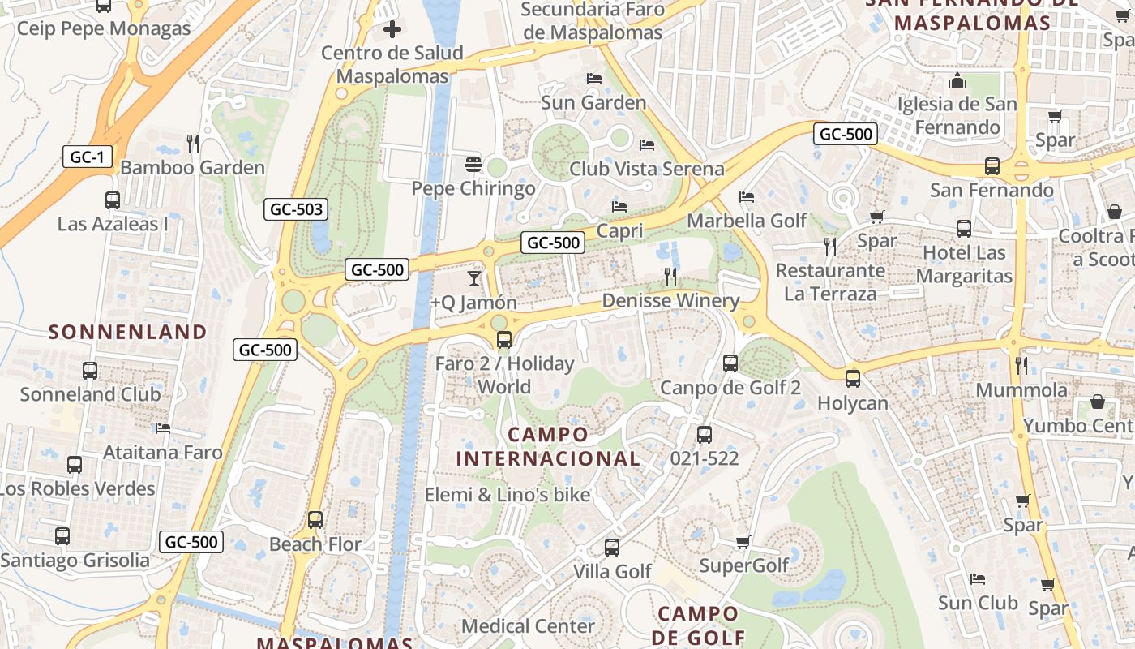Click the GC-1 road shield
pyautogui.click(x=87, y=157)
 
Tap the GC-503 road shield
pyautogui.click(x=296, y=209)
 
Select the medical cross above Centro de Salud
pyautogui.click(x=392, y=30)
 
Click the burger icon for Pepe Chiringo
pyautogui.click(x=473, y=165)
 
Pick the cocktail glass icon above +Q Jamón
pyautogui.click(x=474, y=278)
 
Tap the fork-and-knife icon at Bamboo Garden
pyautogui.click(x=193, y=144)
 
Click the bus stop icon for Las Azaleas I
pyautogui.click(x=113, y=200)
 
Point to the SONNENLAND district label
pyautogui.click(x=128, y=332)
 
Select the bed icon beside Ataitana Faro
pyautogui.click(x=163, y=428)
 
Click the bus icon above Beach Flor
pyautogui.click(x=315, y=520)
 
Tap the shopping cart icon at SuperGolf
pyautogui.click(x=743, y=542)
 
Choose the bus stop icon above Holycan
pyautogui.click(x=852, y=378)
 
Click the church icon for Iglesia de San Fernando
pyautogui.click(x=957, y=81)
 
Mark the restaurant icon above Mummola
pyautogui.click(x=1021, y=366)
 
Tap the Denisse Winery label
pyautogui.click(x=670, y=301)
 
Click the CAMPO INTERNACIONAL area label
pyautogui.click(x=548, y=446)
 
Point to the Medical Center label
pyautogui.click(x=528, y=626)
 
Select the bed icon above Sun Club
pyautogui.click(x=978, y=579)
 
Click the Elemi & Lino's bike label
pyautogui.click(x=508, y=494)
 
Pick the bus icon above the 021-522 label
pyautogui.click(x=704, y=435)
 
